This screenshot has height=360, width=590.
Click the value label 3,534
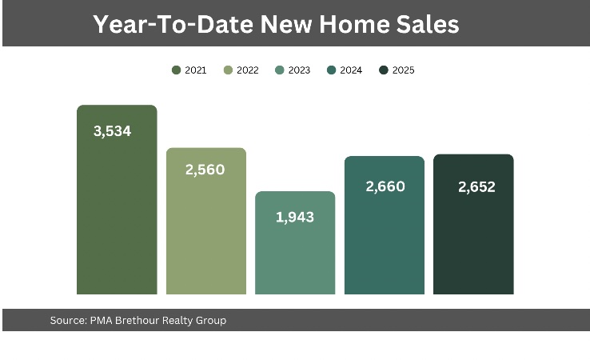pyautogui.click(x=112, y=131)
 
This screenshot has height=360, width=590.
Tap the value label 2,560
pyautogui.click(x=205, y=170)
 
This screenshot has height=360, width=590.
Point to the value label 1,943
pyautogui.click(x=295, y=216)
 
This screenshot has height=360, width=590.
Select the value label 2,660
pyautogui.click(x=385, y=186)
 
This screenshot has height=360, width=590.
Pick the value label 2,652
pyautogui.click(x=476, y=186)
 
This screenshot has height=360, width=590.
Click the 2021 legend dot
pyautogui.click(x=176, y=70)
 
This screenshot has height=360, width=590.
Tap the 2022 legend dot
pyautogui.click(x=228, y=70)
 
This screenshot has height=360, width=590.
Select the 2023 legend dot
pyautogui.click(x=280, y=70)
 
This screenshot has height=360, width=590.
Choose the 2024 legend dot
pyautogui.click(x=331, y=70)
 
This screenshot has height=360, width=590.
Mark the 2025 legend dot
pyautogui.click(x=384, y=70)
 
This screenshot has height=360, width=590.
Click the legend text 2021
pyautogui.click(x=196, y=70)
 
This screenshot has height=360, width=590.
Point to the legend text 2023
pyautogui.click(x=299, y=70)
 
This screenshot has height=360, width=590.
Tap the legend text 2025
pyautogui.click(x=403, y=70)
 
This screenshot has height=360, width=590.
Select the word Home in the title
pyautogui.click(x=350, y=24)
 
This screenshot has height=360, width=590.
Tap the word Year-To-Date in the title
pyautogui.click(x=173, y=24)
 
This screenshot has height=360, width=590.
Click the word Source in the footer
pyautogui.click(x=66, y=321)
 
